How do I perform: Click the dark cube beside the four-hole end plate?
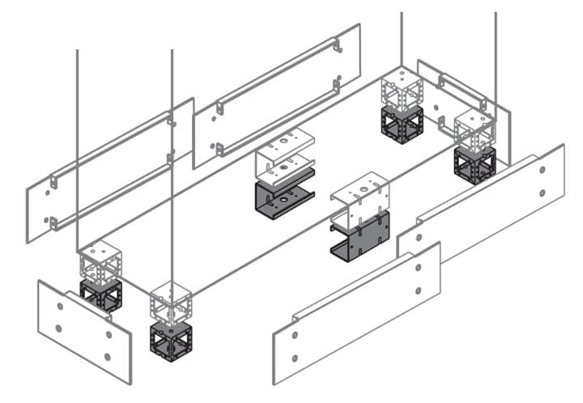(x=101, y=296)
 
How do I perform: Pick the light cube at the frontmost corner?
(x=171, y=303)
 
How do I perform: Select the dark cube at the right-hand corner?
(x=474, y=165)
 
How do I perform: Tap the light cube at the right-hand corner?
(x=474, y=129)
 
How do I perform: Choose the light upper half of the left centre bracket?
(x=283, y=154)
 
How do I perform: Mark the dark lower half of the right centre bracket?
(x=361, y=235)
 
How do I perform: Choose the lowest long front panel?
(x=356, y=312)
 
